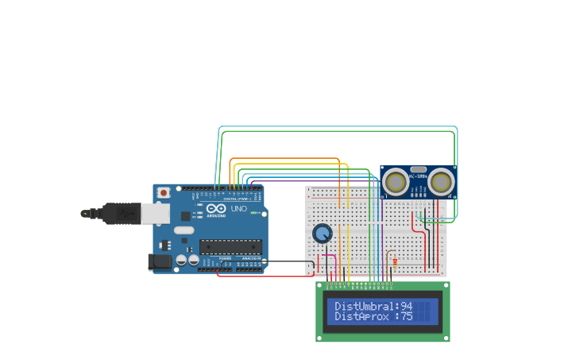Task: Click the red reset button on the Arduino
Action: point(164,192)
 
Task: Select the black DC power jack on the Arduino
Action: point(160,261)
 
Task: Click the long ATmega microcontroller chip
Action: point(230,247)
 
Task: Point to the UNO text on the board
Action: point(238,210)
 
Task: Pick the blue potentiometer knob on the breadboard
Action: point(322,234)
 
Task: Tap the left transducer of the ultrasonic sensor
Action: point(396,182)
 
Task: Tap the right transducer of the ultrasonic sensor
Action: point(441,182)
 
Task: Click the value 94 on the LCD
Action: point(406,306)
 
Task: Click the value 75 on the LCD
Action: point(406,316)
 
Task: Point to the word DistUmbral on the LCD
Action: point(363,306)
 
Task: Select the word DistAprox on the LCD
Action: point(361,316)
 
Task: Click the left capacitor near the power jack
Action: point(181,260)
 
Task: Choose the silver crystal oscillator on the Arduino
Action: point(184,230)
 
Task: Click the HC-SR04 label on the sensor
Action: point(419,175)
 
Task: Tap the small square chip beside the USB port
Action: point(165,245)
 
